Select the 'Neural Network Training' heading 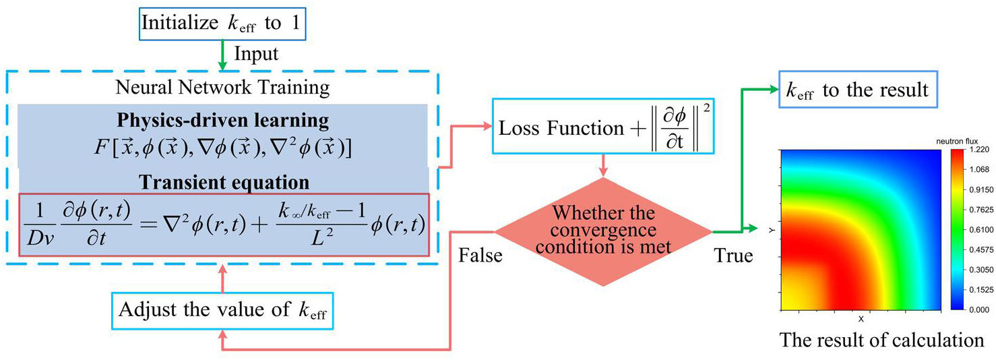[222, 88]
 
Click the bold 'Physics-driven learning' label [222, 121]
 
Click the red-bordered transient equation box [222, 224]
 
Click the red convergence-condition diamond [603, 231]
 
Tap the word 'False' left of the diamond [480, 256]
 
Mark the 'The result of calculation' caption [881, 340]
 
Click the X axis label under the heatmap [861, 318]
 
